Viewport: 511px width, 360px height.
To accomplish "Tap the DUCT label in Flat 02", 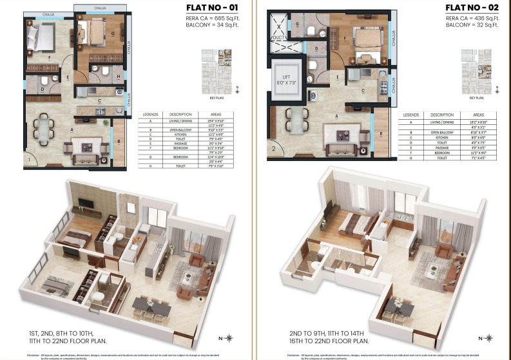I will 278,38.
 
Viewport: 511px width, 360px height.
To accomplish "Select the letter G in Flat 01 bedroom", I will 112,32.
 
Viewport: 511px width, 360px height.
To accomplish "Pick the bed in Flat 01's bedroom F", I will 36,40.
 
